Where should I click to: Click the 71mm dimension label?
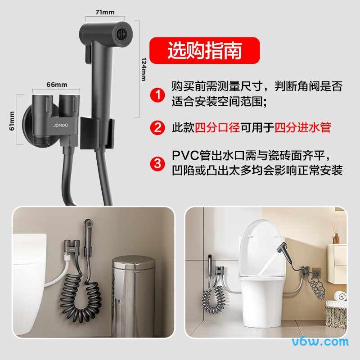click(x=105, y=12)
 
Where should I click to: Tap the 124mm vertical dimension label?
click(x=144, y=69)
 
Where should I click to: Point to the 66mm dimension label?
click(x=57, y=85)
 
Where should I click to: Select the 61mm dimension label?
click(x=12, y=121)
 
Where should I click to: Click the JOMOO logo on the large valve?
click(x=61, y=126)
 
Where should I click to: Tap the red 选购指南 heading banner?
click(x=205, y=50)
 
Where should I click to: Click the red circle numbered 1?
click(x=157, y=94)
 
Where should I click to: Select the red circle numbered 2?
click(x=157, y=127)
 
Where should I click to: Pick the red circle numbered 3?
click(x=157, y=163)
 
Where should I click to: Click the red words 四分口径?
click(x=217, y=127)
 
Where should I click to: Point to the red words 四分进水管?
click(x=302, y=127)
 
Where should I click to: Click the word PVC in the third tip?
click(x=185, y=155)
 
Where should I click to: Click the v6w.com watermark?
click(x=320, y=342)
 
